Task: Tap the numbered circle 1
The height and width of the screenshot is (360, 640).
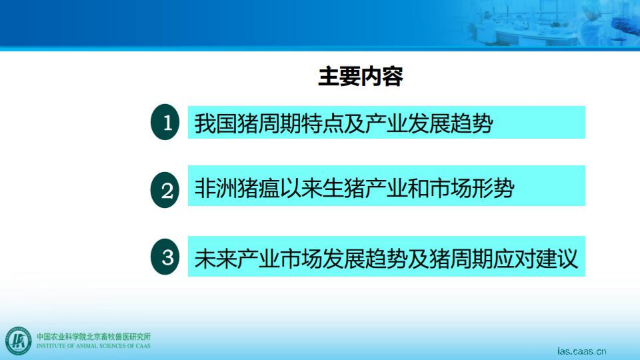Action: pos(165,122)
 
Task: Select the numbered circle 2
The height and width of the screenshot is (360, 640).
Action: pos(165,190)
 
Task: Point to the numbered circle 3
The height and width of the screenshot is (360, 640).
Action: pos(165,257)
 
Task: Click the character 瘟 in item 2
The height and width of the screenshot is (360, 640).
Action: pos(268,190)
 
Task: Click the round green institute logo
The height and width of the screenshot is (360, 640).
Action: pos(19,341)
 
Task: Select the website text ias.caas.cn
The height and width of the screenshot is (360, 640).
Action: pos(581,351)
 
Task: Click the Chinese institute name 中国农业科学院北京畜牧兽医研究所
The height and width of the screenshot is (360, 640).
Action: pos(94,336)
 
